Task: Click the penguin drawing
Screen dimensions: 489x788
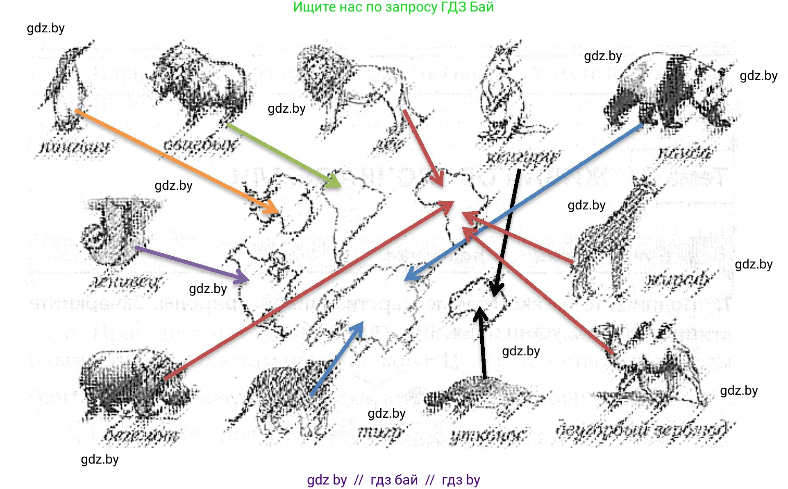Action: [x=68, y=88]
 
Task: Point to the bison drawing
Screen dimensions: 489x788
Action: [x=201, y=86]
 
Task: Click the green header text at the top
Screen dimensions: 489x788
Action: [x=393, y=7]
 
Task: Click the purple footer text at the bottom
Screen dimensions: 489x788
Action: [x=393, y=480]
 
